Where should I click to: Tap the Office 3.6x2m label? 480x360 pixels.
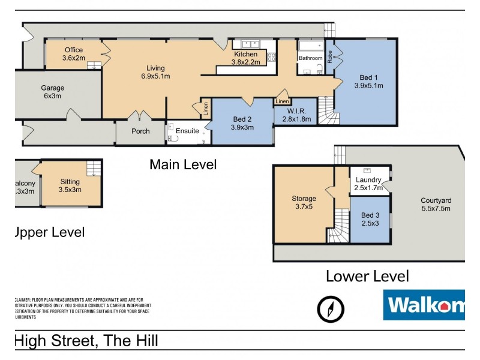coord(73,54)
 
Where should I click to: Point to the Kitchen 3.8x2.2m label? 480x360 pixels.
coord(245,58)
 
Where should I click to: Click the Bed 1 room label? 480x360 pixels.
coord(368,81)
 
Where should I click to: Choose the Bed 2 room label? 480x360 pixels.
coord(242,122)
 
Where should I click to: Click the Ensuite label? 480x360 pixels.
coord(187,131)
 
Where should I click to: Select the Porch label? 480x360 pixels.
coord(140,131)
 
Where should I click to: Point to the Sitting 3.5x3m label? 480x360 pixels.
coord(70,185)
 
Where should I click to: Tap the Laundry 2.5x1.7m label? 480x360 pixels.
coord(368,184)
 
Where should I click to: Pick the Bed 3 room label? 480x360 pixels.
coord(370,220)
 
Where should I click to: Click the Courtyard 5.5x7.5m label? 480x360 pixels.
coord(436,205)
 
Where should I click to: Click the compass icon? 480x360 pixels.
coord(331,309)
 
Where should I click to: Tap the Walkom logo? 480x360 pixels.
coord(424,305)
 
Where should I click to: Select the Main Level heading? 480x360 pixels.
coord(183,164)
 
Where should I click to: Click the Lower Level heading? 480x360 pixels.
coord(367,276)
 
